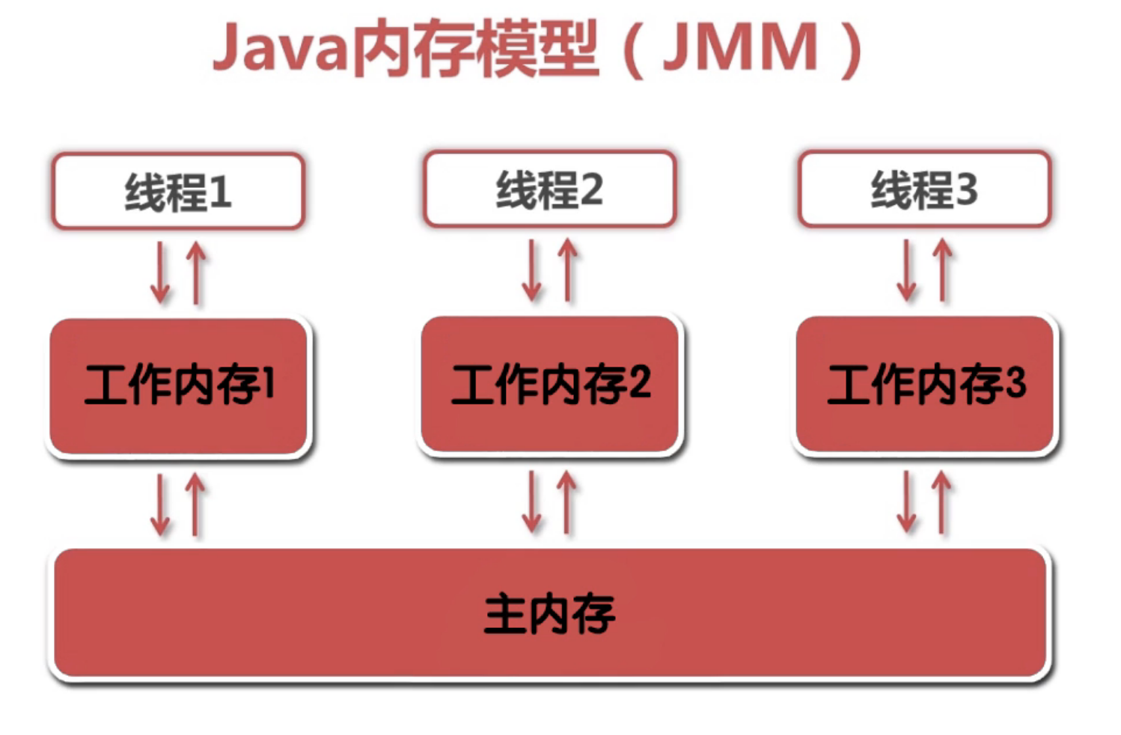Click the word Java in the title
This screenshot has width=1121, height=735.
(281, 49)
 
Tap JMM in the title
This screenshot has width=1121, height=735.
(740, 49)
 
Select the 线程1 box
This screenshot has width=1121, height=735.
(178, 191)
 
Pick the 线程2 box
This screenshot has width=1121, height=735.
(549, 189)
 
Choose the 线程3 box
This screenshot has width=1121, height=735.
(924, 189)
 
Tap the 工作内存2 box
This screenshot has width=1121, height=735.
(550, 384)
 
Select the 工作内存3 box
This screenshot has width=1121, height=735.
(925, 384)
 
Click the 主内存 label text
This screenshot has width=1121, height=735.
(549, 614)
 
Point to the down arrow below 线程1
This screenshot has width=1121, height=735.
(160, 272)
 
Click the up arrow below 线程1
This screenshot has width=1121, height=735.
(196, 272)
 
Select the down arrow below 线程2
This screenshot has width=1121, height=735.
(532, 270)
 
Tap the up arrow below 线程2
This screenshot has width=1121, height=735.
(568, 270)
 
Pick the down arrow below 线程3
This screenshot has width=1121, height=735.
(907, 270)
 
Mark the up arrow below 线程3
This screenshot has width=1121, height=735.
(943, 270)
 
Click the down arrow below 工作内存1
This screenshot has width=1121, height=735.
(160, 504)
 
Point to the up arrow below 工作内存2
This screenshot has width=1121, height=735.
(567, 502)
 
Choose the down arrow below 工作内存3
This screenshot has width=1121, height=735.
(907, 502)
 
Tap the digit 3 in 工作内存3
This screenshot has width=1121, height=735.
(1015, 382)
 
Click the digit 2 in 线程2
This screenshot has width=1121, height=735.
(591, 190)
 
